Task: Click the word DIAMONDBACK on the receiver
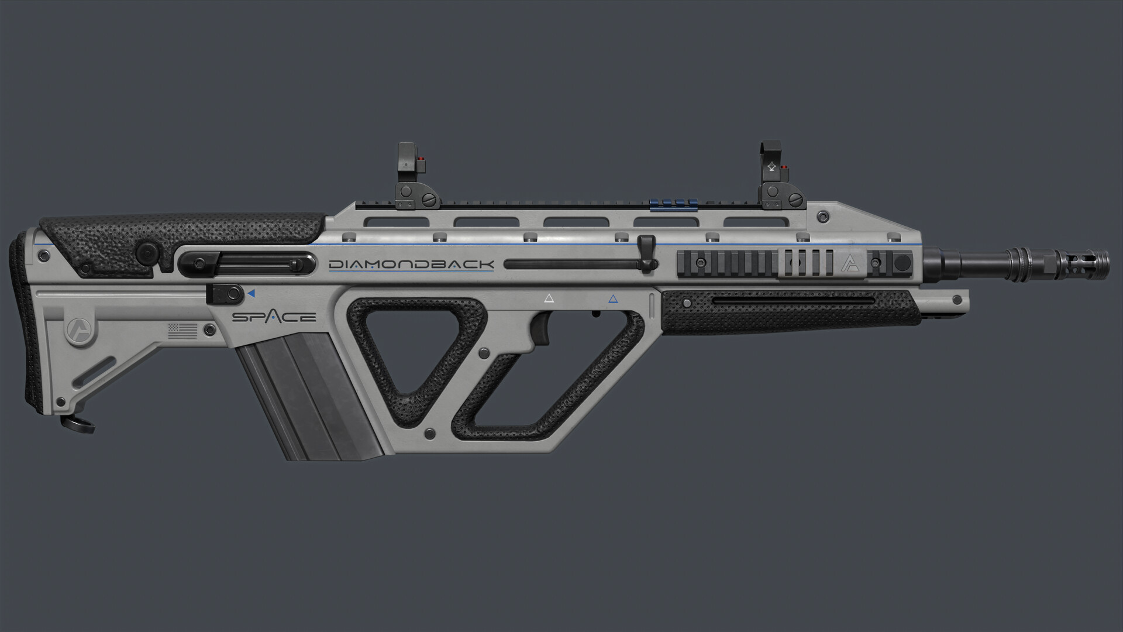411,265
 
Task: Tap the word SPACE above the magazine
274,317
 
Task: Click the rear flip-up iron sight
411,176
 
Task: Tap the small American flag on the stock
182,331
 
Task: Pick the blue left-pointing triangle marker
251,293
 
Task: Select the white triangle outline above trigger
549,298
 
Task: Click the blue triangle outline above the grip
613,299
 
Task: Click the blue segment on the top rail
674,203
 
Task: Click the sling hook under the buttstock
79,423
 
